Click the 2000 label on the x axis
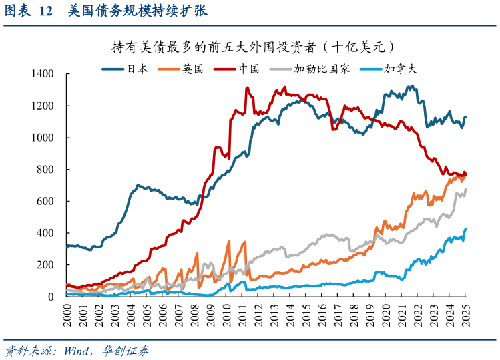(x=67, y=313)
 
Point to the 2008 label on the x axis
(x=194, y=313)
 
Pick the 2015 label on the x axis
(x=306, y=313)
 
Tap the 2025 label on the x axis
(x=465, y=313)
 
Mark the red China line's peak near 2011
(x=247, y=88)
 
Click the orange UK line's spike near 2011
(x=245, y=242)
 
